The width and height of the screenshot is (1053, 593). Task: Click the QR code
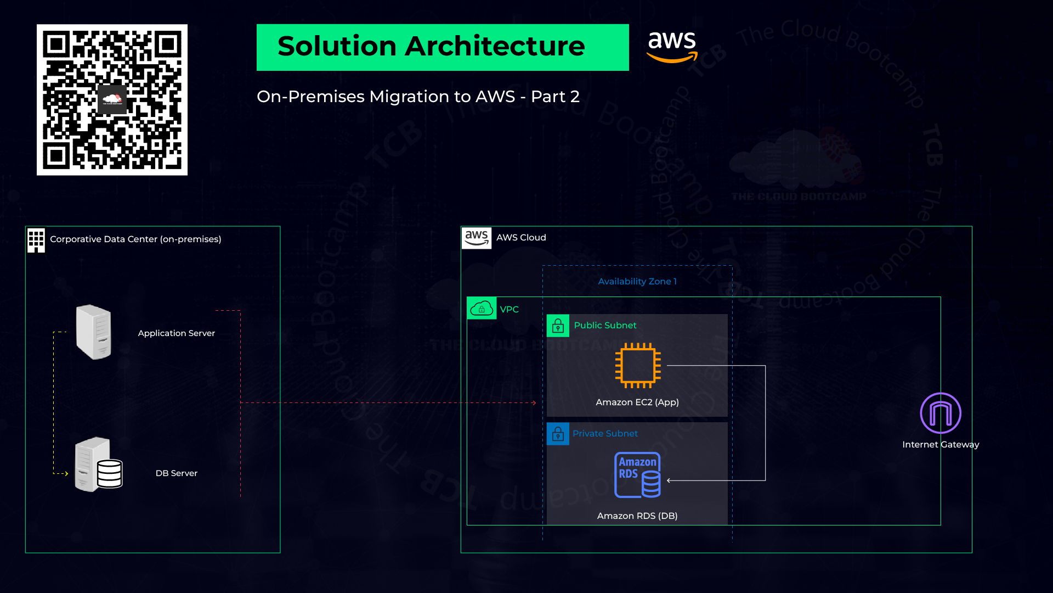pyautogui.click(x=112, y=99)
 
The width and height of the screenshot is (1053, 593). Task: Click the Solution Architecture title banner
pyautogui.click(x=442, y=47)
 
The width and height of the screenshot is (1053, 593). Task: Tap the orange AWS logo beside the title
pyautogui.click(x=672, y=47)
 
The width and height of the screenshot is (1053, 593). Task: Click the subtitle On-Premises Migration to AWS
pyautogui.click(x=418, y=97)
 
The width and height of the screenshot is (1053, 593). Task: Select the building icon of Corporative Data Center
pyautogui.click(x=36, y=240)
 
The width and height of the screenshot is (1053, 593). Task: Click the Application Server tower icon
pyautogui.click(x=94, y=332)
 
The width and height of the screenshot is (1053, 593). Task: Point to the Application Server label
pyautogui.click(x=176, y=333)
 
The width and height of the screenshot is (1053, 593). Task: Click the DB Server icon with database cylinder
pyautogui.click(x=99, y=465)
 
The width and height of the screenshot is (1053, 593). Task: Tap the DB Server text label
pyautogui.click(x=176, y=473)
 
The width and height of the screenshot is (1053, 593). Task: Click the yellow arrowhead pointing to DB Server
pyautogui.click(x=66, y=473)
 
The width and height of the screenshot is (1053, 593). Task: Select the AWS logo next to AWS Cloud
pyautogui.click(x=476, y=238)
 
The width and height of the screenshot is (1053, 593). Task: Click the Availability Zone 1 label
pyautogui.click(x=637, y=281)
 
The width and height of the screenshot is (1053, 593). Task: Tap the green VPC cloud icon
pyautogui.click(x=482, y=309)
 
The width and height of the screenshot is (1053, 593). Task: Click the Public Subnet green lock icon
pyautogui.click(x=558, y=326)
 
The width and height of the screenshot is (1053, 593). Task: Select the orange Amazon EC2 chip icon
pyautogui.click(x=637, y=365)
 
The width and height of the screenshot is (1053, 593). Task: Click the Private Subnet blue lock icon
pyautogui.click(x=558, y=434)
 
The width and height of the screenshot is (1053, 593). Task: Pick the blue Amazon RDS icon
pyautogui.click(x=637, y=474)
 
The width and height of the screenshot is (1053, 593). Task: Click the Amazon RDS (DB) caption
pyautogui.click(x=637, y=516)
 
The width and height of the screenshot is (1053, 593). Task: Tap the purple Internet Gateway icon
pyautogui.click(x=940, y=413)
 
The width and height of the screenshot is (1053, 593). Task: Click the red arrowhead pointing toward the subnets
pyautogui.click(x=534, y=403)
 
